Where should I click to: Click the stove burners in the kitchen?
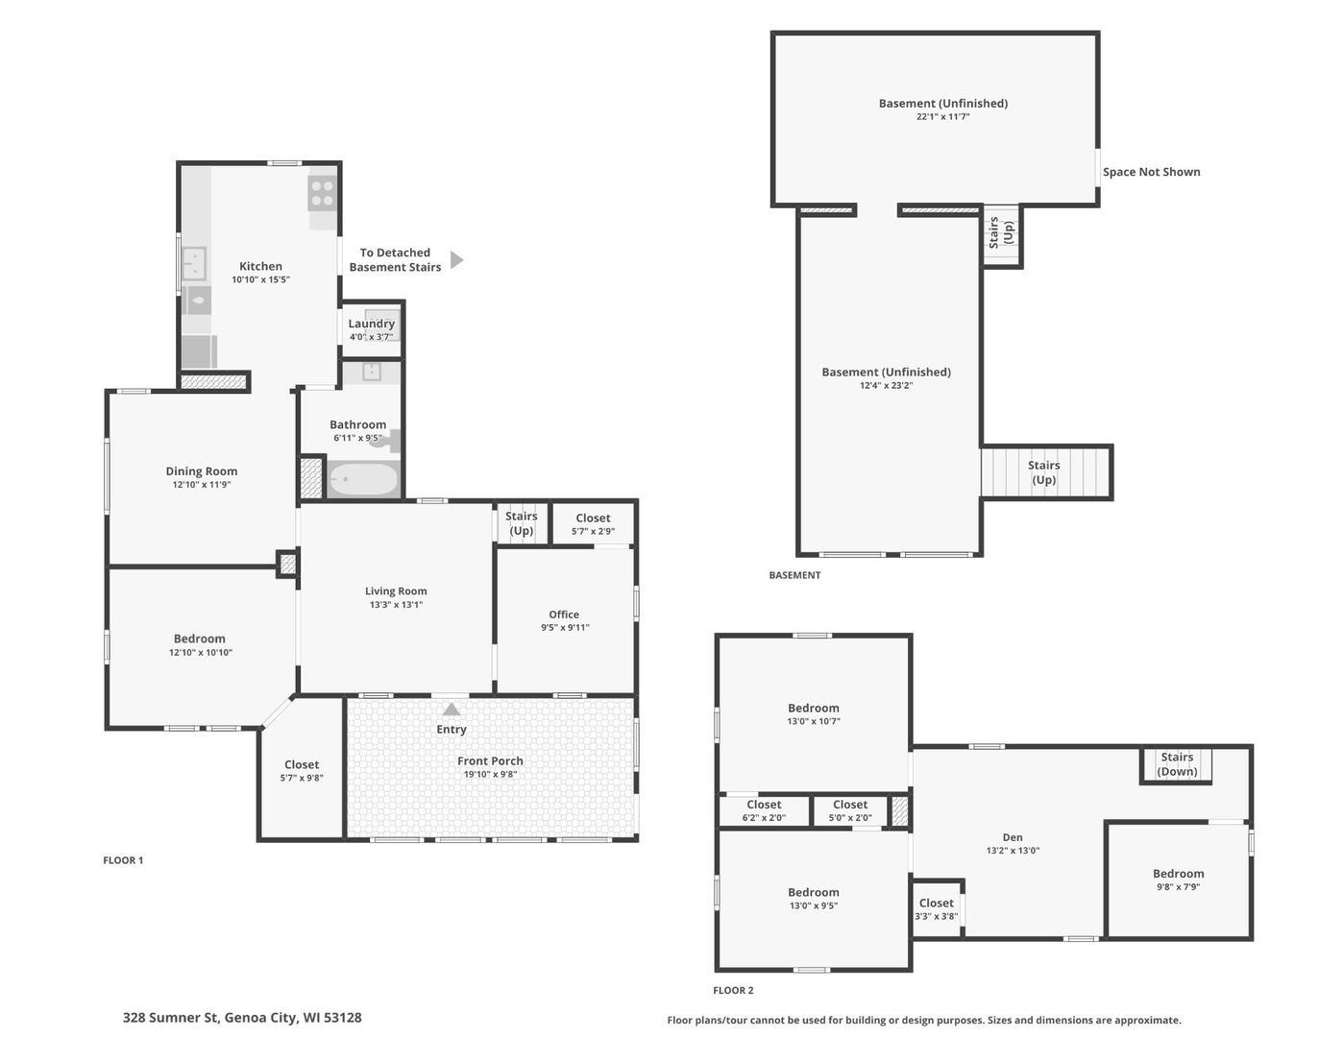[323, 194]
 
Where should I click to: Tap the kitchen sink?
[195, 262]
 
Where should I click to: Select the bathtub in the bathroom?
[363, 479]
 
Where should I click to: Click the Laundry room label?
[371, 324]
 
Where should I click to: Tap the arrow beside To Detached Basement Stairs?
[456, 260]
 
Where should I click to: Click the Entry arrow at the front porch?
[452, 710]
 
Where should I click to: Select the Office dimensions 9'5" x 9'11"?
[565, 628]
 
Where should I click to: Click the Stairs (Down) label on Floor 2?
[1177, 764]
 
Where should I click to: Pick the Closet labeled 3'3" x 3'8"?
[936, 909]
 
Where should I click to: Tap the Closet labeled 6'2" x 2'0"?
[764, 811]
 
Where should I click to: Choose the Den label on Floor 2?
[1013, 837]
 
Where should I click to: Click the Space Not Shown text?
[1151, 172]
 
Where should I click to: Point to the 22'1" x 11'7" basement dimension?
[942, 117]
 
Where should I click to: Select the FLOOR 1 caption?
[123, 860]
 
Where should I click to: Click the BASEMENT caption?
[794, 575]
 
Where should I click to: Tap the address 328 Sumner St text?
[242, 1018]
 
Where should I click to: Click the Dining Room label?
[202, 471]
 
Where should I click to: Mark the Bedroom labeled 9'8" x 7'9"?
[1178, 880]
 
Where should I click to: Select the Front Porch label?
[490, 761]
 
